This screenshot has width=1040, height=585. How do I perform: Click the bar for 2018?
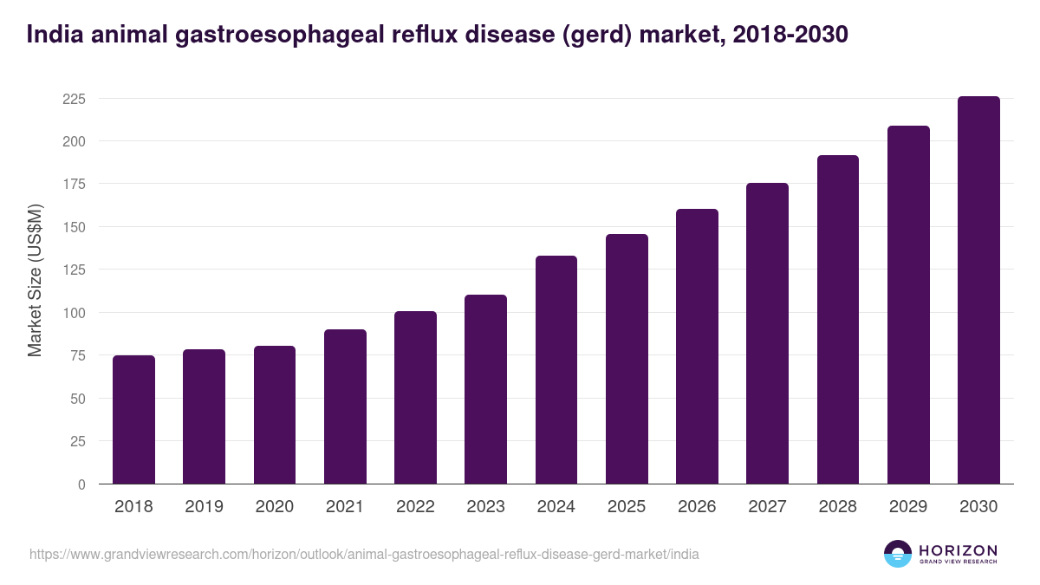(133, 419)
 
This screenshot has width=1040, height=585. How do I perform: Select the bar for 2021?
(345, 406)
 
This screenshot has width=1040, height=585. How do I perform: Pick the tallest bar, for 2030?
(978, 290)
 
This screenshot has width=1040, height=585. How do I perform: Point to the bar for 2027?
(768, 334)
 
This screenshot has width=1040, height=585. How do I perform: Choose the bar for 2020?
(275, 415)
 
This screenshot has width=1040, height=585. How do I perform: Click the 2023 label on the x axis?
(485, 507)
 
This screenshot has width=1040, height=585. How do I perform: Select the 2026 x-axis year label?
(697, 507)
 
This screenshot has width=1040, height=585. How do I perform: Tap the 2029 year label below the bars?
(908, 507)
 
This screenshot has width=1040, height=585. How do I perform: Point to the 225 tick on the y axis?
(74, 99)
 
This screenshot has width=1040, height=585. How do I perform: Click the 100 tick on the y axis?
(74, 313)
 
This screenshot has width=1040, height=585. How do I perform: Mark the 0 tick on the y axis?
(81, 484)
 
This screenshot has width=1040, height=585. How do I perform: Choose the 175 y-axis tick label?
(74, 185)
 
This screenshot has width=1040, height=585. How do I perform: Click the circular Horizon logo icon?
(897, 554)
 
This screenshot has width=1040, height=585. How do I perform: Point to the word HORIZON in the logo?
(958, 549)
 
